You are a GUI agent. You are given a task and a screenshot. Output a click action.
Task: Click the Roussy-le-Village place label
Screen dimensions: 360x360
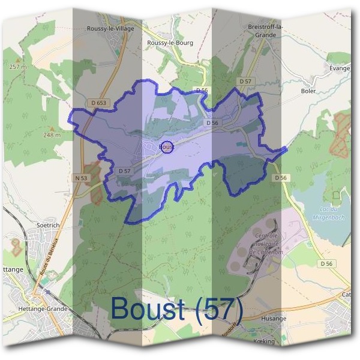(110, 28)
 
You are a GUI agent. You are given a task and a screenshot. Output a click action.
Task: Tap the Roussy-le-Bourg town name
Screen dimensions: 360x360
(170, 43)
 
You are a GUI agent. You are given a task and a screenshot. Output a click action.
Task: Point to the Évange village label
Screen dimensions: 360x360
(340, 68)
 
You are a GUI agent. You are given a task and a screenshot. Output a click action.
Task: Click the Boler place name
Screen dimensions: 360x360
(307, 91)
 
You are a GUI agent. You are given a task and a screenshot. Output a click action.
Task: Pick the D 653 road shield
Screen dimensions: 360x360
(99, 103)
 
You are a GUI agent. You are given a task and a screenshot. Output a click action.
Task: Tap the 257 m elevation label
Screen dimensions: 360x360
(19, 67)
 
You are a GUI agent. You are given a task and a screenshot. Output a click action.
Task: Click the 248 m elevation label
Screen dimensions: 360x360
(52, 135)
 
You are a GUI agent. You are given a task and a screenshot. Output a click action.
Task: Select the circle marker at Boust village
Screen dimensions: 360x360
(168, 146)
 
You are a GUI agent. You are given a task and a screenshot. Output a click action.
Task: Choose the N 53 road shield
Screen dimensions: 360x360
(82, 178)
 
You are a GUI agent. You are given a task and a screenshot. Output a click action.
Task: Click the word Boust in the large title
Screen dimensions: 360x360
(148, 310)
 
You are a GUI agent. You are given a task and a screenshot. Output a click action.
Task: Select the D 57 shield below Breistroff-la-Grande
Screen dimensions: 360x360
(244, 80)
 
